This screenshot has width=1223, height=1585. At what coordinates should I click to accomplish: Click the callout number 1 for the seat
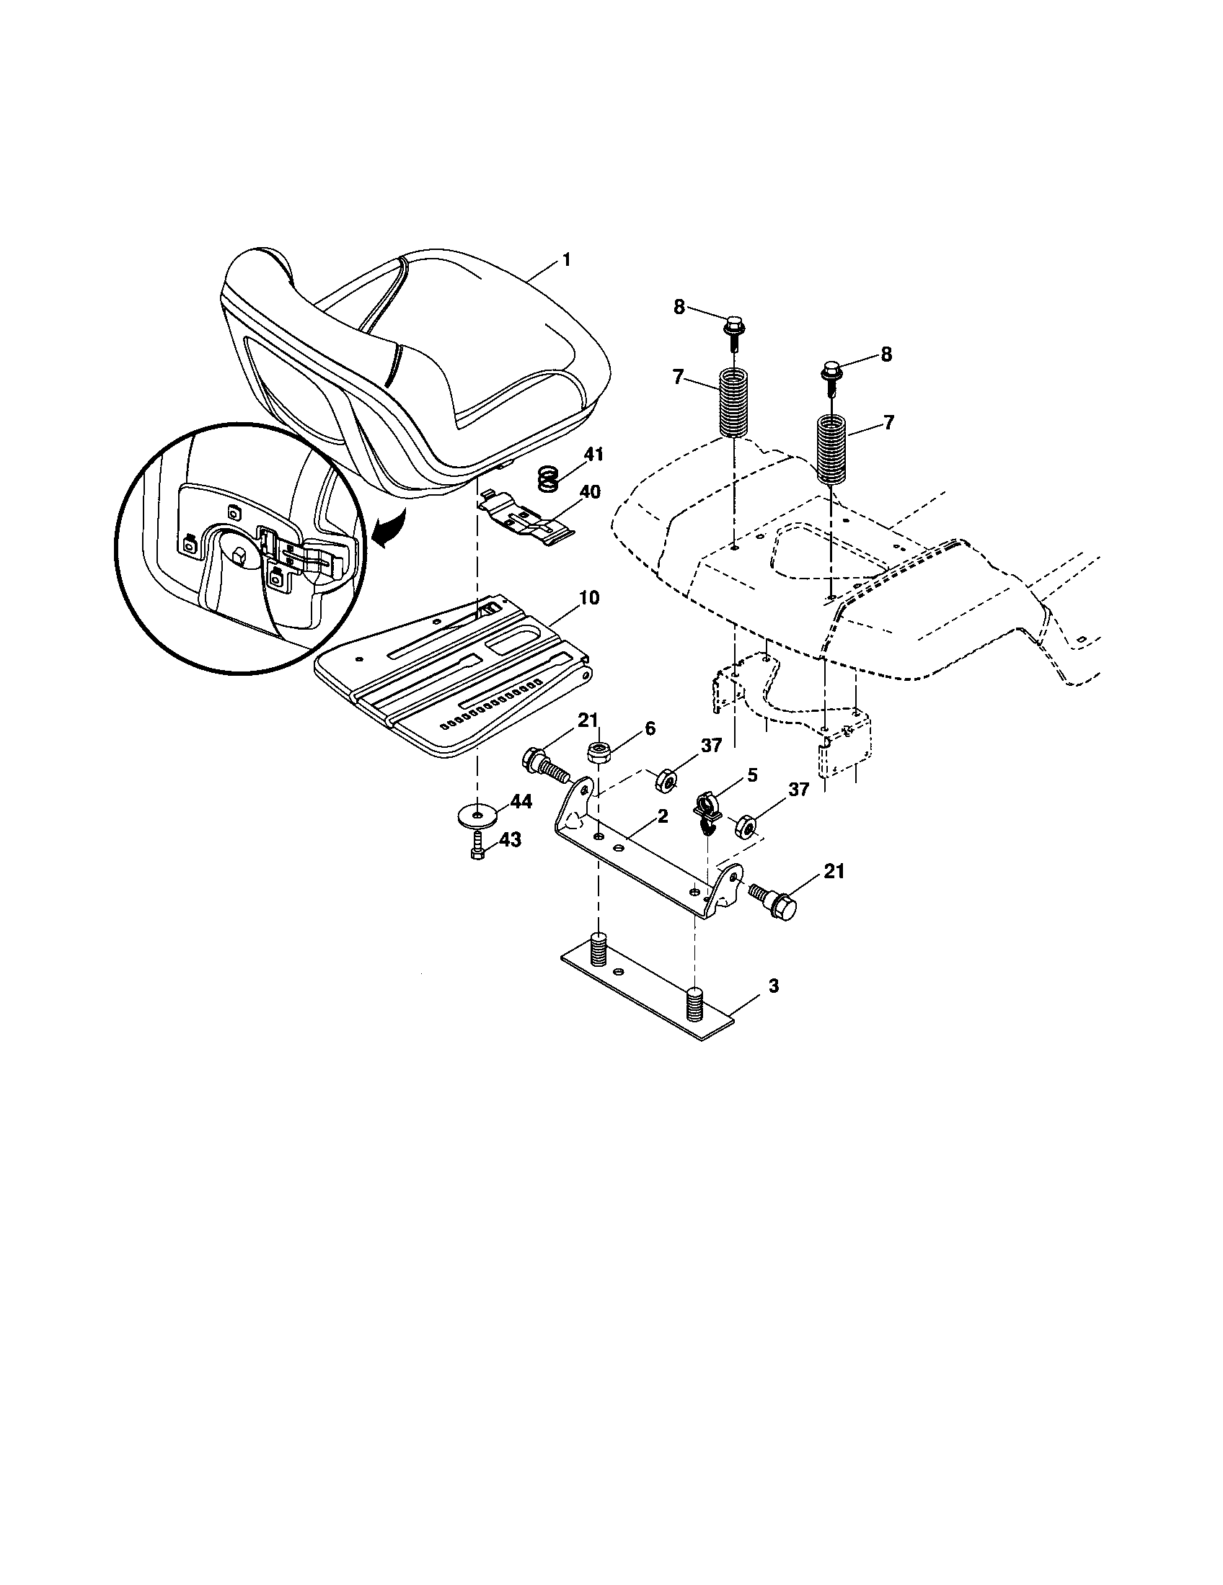567,260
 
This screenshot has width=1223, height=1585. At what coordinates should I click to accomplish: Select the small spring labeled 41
549,479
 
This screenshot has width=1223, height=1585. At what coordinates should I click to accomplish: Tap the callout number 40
589,493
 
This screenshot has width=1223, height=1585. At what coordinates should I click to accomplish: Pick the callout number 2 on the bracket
661,816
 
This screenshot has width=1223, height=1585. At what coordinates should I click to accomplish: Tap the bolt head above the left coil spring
733,323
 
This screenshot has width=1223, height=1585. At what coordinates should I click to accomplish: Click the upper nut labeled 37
666,781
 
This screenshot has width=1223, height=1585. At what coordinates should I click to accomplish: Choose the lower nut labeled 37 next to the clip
747,826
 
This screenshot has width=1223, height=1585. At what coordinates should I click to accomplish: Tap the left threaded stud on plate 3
598,950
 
